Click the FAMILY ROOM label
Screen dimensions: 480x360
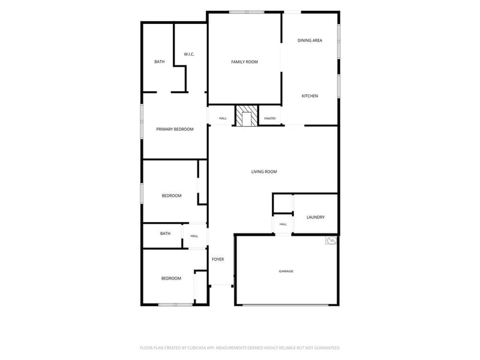coord(244,62)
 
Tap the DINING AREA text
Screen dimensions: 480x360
coord(310,40)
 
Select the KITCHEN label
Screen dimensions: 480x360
coord(310,96)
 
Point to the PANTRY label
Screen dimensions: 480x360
coord(270,118)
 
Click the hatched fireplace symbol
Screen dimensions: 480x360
coord(247,116)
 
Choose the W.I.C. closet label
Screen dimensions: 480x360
coord(189,55)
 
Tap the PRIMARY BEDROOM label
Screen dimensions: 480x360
coord(175,130)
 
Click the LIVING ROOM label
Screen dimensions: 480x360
coord(264,172)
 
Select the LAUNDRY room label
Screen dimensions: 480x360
coord(316,217)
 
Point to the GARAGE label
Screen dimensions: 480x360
coord(286,271)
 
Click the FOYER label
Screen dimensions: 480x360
coord(218,259)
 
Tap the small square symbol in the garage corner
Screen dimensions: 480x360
coord(331,241)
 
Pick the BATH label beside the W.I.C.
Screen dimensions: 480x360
coord(160,62)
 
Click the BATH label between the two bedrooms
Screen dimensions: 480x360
coord(166,233)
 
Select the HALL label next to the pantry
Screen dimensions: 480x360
coord(223,118)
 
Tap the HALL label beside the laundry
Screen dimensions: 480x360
coord(283,224)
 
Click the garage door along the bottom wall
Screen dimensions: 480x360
coord(286,305)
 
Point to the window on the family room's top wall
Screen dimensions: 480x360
coord(247,12)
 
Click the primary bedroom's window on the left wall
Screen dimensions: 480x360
coord(142,121)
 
